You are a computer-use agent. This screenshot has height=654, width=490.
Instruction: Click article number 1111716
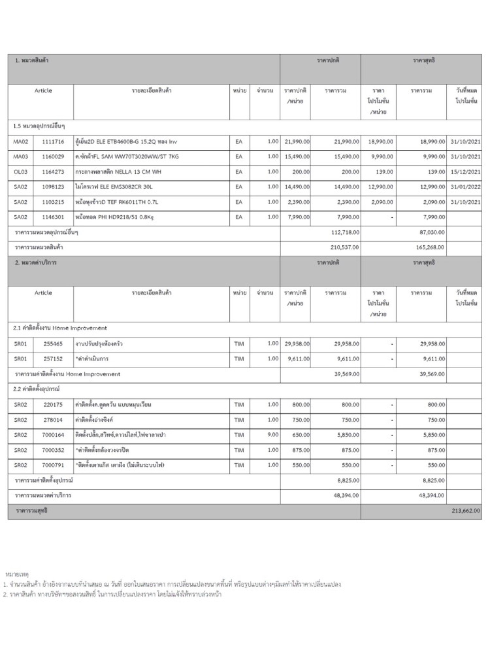(x=53, y=142)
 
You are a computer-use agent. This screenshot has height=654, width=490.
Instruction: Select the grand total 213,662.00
(x=465, y=511)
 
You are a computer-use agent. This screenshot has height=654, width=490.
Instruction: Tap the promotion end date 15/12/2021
(x=465, y=172)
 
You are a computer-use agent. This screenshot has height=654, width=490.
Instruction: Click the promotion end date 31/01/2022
(x=465, y=187)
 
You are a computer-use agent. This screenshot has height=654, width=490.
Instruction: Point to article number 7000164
(x=53, y=435)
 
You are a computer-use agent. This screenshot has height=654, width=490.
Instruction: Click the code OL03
(x=21, y=172)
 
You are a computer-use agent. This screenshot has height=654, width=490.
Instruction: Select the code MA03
(x=21, y=157)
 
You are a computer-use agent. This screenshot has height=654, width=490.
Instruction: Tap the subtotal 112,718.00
(x=345, y=232)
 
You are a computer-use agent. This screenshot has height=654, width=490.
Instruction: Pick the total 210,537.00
(x=345, y=247)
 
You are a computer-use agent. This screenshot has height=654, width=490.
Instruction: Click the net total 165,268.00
(x=430, y=247)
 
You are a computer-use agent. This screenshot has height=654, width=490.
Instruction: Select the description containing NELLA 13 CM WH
(x=118, y=172)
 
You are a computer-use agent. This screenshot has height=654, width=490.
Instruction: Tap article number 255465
(x=53, y=344)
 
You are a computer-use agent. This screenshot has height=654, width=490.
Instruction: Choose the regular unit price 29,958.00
(x=297, y=344)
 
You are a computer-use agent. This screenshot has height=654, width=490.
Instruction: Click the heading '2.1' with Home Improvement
(x=60, y=328)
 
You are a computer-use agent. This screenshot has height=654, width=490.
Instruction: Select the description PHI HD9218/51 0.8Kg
(x=115, y=217)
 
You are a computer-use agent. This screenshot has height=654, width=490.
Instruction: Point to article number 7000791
(x=53, y=465)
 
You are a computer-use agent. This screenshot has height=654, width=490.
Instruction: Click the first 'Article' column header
(x=43, y=91)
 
